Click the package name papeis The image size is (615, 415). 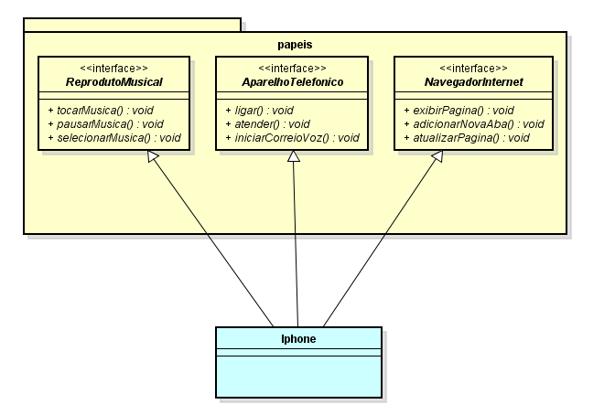pyautogui.click(x=295, y=44)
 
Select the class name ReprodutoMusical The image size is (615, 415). pyautogui.click(x=114, y=81)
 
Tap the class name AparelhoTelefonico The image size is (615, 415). pyautogui.click(x=292, y=81)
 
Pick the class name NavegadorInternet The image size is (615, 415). pyautogui.click(x=473, y=81)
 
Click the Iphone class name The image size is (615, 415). pyautogui.click(x=298, y=338)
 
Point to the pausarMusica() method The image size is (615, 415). pyautogui.click(x=104, y=123)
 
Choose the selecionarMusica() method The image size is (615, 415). pyautogui.click(x=113, y=138)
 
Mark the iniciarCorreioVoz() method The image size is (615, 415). pyautogui.click(x=291, y=138)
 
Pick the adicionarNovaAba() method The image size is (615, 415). pyautogui.click(x=473, y=123)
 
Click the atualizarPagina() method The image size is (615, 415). pyautogui.click(x=466, y=138)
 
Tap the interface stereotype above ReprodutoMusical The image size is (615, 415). pyautogui.click(x=114, y=69)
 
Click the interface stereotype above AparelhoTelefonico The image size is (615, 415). pyautogui.click(x=292, y=69)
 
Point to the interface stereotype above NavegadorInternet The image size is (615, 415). pyautogui.click(x=473, y=69)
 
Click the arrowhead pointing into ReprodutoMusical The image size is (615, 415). pyautogui.click(x=155, y=157)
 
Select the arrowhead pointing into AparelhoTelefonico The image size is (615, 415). pyautogui.click(x=293, y=157)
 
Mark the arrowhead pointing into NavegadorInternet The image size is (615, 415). pyautogui.click(x=437, y=157)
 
